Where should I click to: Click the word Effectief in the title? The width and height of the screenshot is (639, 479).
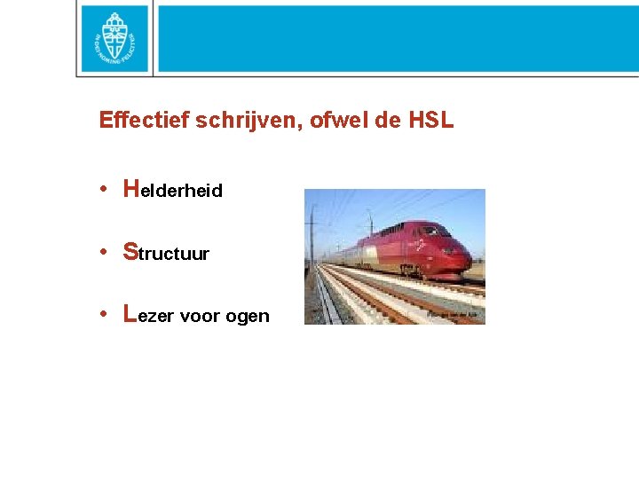click(x=138, y=121)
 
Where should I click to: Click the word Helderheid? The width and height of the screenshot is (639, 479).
click(x=174, y=190)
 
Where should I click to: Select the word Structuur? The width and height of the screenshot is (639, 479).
click(x=168, y=253)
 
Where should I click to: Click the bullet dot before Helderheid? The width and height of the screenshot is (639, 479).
click(x=104, y=188)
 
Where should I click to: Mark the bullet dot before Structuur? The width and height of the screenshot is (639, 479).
click(x=104, y=251)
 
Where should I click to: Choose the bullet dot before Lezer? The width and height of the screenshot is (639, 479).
click(x=104, y=314)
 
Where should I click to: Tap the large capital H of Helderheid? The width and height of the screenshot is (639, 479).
click(x=131, y=187)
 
